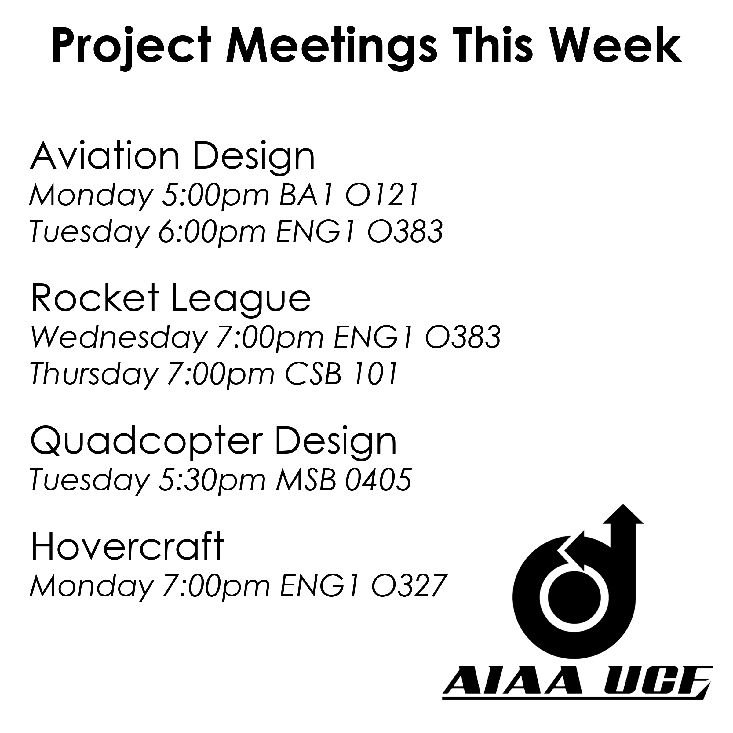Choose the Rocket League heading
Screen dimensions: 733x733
[x=171, y=300]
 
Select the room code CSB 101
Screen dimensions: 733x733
[x=341, y=374]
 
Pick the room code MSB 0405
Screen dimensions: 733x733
[x=344, y=480]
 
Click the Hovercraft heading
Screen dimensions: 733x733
[x=127, y=547]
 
